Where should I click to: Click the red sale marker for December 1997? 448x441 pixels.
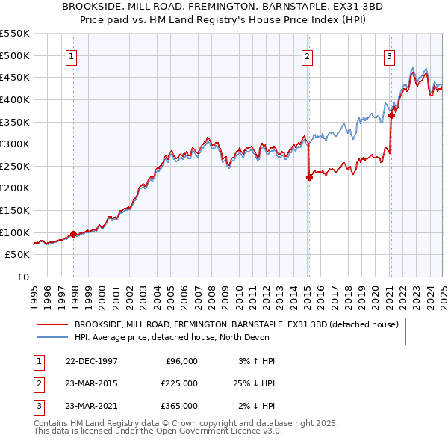pyautogui.click(x=74, y=234)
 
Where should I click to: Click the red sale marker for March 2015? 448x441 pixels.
pyautogui.click(x=309, y=177)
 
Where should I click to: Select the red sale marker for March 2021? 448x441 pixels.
pyautogui.click(x=391, y=115)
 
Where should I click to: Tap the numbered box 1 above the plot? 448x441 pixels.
pyautogui.click(x=72, y=55)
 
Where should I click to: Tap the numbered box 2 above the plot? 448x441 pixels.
pyautogui.click(x=308, y=55)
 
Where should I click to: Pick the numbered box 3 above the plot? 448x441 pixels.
pyautogui.click(x=390, y=55)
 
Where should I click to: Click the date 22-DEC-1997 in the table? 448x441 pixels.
pyautogui.click(x=92, y=361)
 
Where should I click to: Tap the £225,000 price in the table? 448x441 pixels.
pyautogui.click(x=178, y=383)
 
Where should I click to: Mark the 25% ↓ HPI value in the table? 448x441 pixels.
pyautogui.click(x=255, y=383)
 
